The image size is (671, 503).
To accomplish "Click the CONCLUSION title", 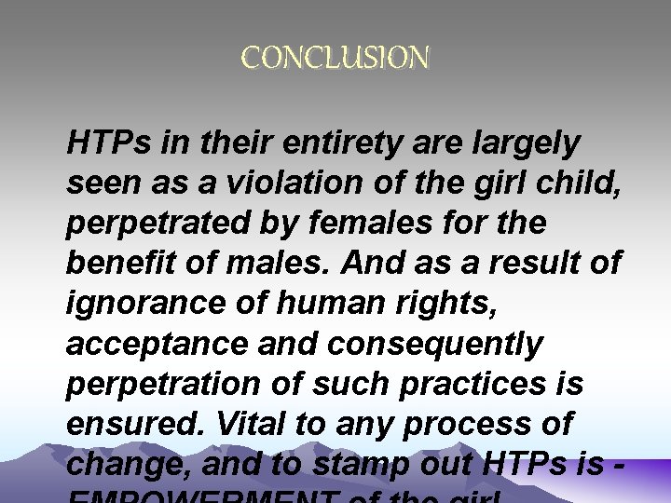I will (x=335, y=60).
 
